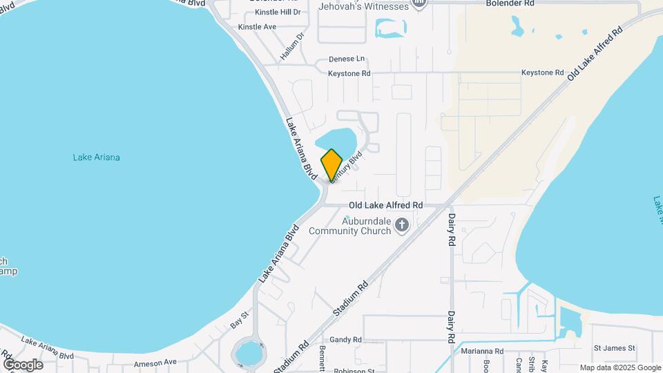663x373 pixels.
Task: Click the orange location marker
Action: coord(332,165)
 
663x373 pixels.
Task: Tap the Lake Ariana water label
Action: coord(96,157)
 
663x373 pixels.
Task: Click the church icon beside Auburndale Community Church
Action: coord(401,224)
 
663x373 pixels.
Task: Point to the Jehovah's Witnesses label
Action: coord(363,6)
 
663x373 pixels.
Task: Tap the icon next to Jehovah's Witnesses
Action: coord(419,4)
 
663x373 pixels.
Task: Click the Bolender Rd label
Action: coord(510,3)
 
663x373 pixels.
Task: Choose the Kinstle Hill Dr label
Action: coord(278,12)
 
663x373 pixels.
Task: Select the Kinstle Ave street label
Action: coord(257,27)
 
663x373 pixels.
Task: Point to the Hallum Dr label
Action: coord(293,46)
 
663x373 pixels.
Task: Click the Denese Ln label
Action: coord(346,59)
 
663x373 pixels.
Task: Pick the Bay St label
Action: coord(240,319)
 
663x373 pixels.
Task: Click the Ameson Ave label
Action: coord(155,362)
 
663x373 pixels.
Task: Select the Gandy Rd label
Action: coord(345,340)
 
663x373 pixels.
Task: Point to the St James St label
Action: coord(613,348)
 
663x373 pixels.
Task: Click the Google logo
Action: coord(23,364)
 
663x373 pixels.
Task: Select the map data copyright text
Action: coord(620,367)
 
